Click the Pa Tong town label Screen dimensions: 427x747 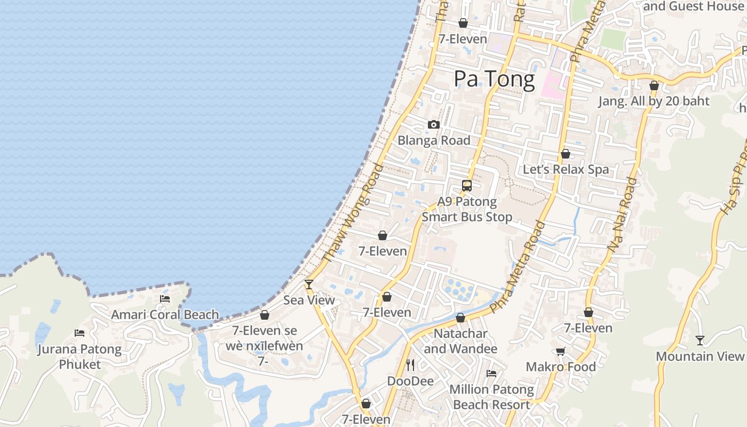coord(494,79)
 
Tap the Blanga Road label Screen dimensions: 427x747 coord(434,140)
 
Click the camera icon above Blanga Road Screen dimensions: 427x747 coord(434,124)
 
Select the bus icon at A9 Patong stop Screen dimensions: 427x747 coord(467,186)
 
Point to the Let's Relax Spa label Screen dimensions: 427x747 coord(566,170)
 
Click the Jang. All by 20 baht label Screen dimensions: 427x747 coord(654,101)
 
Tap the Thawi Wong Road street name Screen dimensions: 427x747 coord(353,213)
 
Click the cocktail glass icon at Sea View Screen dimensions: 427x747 coord(308,284)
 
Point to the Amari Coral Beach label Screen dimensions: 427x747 coord(165,314)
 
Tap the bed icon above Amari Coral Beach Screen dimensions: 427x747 coord(165,299)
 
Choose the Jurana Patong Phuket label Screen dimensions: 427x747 coord(80,357)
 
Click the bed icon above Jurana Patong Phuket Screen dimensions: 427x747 coord(80,333)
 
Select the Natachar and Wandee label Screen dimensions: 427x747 coord(460,341)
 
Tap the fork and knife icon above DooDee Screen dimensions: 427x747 coord(410,365)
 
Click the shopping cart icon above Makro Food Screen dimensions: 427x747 coord(560,351)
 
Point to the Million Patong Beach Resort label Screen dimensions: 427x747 coord(491,397)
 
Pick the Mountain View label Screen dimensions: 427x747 coord(700,356)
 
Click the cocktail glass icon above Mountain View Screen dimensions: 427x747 coord(700,340)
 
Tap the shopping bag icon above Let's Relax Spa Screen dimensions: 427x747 coord(566,154)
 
